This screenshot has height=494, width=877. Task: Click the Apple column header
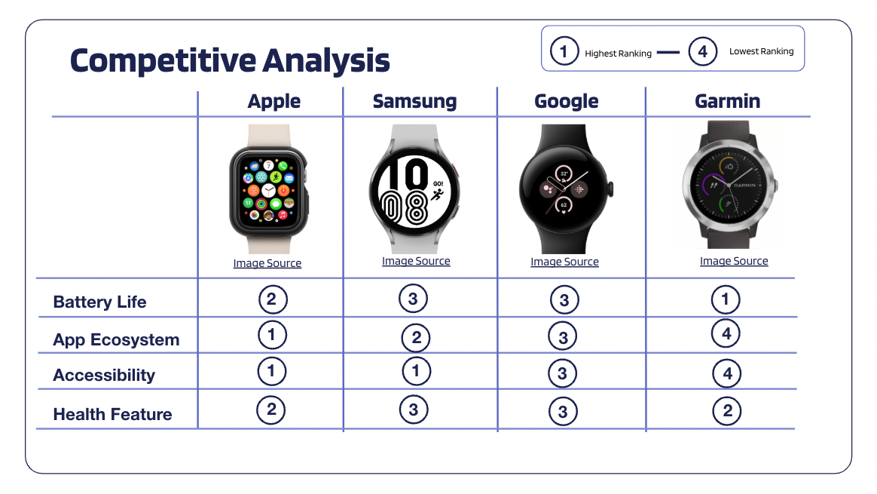pos(274,101)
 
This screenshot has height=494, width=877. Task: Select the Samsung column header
pos(414,101)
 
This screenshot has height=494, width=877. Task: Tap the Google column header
pos(566,101)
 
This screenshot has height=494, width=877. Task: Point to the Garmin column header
pos(727,101)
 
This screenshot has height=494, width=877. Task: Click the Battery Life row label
pos(99,302)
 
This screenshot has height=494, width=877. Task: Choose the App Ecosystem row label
pos(116,340)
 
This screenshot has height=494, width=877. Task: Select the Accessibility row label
pos(104,376)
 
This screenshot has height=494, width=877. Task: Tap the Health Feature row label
pos(112,415)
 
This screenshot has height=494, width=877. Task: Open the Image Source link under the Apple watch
pos(267,263)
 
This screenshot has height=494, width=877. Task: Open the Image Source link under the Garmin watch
pos(734,261)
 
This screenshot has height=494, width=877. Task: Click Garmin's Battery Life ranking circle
pos(726,299)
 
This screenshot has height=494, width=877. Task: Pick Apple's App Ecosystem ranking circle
pos(272,335)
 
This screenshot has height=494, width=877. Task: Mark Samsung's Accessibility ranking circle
pos(416,371)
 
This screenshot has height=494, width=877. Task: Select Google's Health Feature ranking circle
pos(563,412)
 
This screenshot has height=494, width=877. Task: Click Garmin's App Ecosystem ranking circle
pos(726,334)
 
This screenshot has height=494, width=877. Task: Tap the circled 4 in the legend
pos(702,51)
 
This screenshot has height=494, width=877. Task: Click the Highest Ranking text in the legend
pos(618,54)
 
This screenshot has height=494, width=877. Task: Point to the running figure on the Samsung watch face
pos(437,195)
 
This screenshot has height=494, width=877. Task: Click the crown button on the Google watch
pos(611,189)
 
